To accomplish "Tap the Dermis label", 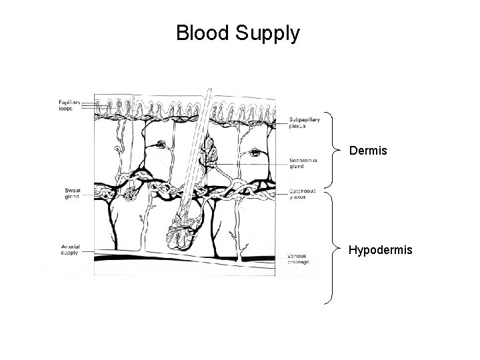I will coord(367,151).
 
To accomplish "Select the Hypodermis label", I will coord(381,250).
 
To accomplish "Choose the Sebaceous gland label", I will coord(304,163).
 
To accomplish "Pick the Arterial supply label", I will coord(69,249).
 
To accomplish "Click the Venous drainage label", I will coord(298,259).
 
